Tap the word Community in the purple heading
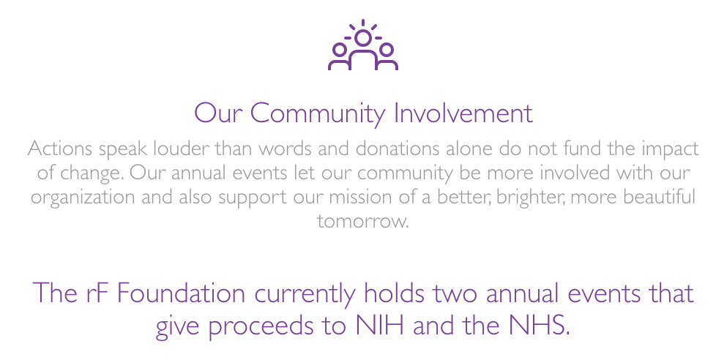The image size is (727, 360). coord(318,114)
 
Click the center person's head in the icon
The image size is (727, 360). coord(363,38)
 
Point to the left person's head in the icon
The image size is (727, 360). coord(340,49)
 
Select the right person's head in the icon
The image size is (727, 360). coord(387,49)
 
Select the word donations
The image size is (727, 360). coord(397,149)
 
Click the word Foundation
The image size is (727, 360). coord(180,293)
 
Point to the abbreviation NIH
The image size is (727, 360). coord(380,326)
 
